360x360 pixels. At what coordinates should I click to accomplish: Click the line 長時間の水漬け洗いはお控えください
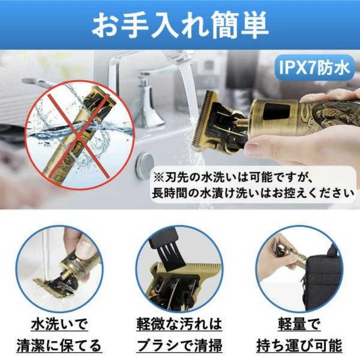(x=253, y=194)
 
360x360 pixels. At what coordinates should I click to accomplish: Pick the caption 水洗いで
(x=59, y=324)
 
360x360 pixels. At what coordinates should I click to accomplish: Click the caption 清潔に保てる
(x=59, y=345)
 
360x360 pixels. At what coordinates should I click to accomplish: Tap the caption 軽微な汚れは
(x=179, y=324)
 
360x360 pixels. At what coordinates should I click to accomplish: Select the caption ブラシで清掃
(x=180, y=345)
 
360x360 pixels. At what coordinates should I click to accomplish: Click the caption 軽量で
(x=299, y=324)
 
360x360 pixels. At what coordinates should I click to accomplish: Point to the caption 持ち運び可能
(x=299, y=345)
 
